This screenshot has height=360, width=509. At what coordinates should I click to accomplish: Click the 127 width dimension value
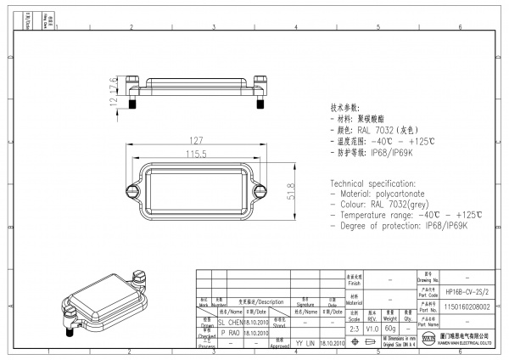click(x=194, y=141)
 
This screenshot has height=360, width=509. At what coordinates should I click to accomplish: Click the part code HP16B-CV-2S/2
click(x=467, y=290)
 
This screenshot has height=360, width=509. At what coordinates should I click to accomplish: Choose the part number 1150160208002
click(x=467, y=307)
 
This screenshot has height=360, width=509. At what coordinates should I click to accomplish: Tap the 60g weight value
click(x=390, y=328)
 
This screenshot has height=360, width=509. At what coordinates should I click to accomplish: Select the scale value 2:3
click(x=353, y=328)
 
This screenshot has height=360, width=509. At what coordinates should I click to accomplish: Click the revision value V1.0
click(x=372, y=328)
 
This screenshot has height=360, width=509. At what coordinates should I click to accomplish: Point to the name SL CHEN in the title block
click(x=231, y=323)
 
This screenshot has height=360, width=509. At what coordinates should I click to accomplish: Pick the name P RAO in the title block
click(x=229, y=333)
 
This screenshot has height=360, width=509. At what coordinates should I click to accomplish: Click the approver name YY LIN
click(x=305, y=343)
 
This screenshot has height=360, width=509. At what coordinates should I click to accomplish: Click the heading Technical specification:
click(x=373, y=184)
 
